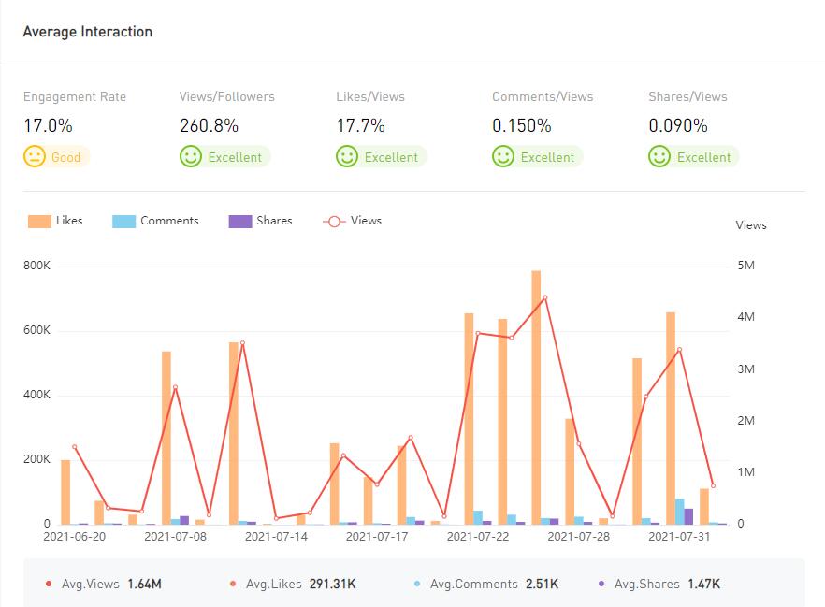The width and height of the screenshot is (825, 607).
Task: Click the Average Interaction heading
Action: pyautogui.click(x=87, y=32)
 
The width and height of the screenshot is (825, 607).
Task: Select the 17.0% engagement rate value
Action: pyautogui.click(x=48, y=125)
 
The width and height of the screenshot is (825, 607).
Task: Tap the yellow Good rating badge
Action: pyautogui.click(x=55, y=157)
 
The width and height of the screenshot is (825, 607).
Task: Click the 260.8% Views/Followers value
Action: pyautogui.click(x=209, y=125)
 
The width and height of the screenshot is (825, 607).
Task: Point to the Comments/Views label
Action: pyautogui.click(x=543, y=96)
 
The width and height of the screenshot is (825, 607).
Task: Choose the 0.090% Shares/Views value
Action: pyautogui.click(x=678, y=125)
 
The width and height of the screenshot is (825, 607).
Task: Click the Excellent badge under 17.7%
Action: pyautogui.click(x=381, y=157)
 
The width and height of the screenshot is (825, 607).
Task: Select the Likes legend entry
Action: pyautogui.click(x=56, y=221)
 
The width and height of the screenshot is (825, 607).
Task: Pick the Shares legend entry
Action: pyautogui.click(x=261, y=221)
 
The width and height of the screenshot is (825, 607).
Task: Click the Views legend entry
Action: pyautogui.click(x=353, y=221)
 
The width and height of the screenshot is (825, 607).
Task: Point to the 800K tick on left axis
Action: pyautogui.click(x=36, y=267)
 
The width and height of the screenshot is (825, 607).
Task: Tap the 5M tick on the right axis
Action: pyautogui.click(x=745, y=267)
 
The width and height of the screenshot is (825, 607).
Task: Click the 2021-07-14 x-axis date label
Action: pyautogui.click(x=276, y=537)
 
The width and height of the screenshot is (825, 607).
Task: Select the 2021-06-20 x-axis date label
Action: pyautogui.click(x=75, y=537)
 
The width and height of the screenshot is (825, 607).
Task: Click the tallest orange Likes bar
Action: pyautogui.click(x=536, y=397)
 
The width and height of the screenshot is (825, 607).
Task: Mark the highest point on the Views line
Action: pyautogui.click(x=544, y=297)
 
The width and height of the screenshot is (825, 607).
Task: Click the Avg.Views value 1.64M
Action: pyautogui.click(x=144, y=585)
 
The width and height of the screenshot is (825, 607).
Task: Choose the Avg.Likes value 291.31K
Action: pyautogui.click(x=332, y=585)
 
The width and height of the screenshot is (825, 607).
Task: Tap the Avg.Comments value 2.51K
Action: pyautogui.click(x=541, y=585)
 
